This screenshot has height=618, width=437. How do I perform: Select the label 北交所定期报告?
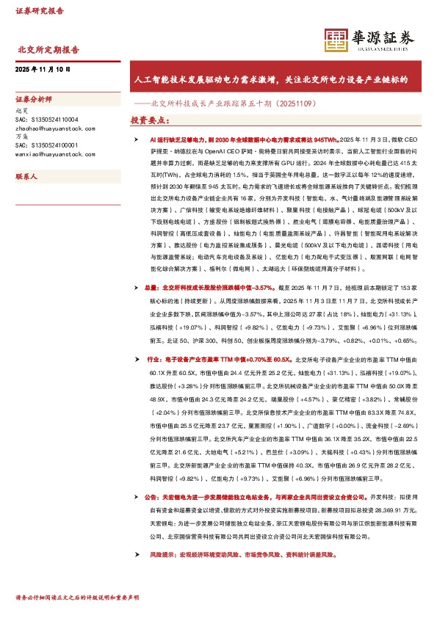pyautogui.click(x=48, y=50)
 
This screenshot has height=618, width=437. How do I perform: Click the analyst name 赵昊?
pyautogui.click(x=21, y=109)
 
